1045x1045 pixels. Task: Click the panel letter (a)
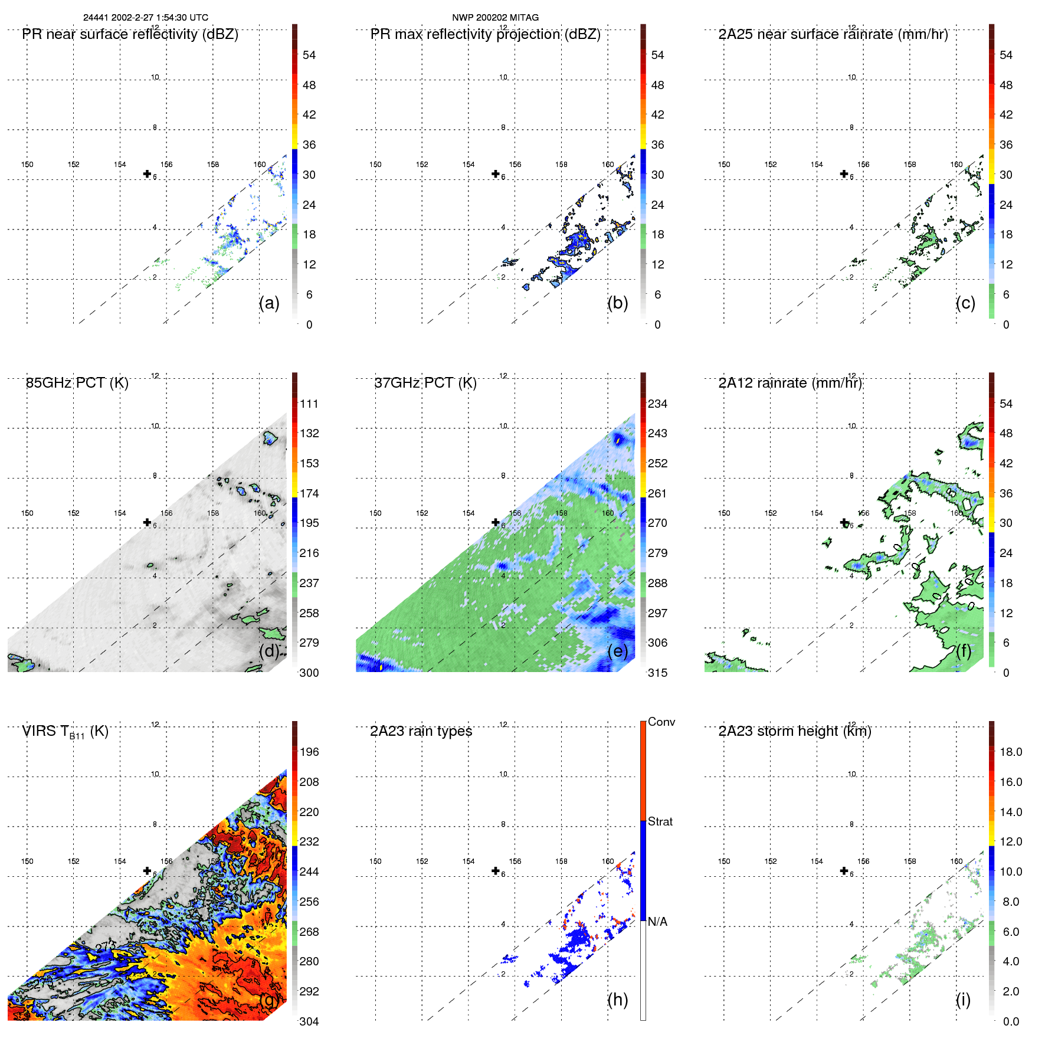pyautogui.click(x=269, y=303)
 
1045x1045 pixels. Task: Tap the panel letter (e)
pyautogui.click(x=617, y=651)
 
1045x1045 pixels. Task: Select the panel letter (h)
pyautogui.click(x=617, y=1000)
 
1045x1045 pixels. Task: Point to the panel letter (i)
pyautogui.click(x=963, y=1000)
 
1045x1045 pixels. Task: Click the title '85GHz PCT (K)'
pyautogui.click(x=77, y=383)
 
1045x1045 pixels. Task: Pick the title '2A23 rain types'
pyautogui.click(x=421, y=732)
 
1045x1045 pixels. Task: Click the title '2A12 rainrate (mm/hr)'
pyautogui.click(x=790, y=383)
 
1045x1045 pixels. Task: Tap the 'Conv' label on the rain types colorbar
pyautogui.click(x=661, y=722)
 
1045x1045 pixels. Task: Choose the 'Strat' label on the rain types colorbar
pyautogui.click(x=660, y=822)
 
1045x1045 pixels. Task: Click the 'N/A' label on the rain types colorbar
pyautogui.click(x=657, y=922)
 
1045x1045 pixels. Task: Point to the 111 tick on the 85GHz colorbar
pyautogui.click(x=309, y=404)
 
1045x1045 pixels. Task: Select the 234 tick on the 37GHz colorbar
pyautogui.click(x=657, y=404)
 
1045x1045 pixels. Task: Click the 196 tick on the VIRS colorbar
pyautogui.click(x=309, y=752)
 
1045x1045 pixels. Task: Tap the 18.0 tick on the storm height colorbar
pyautogui.click(x=1010, y=752)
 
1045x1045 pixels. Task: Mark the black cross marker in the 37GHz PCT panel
pyautogui.click(x=496, y=522)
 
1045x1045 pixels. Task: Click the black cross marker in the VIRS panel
pyautogui.click(x=147, y=870)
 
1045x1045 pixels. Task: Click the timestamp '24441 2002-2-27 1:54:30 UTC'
pyautogui.click(x=145, y=18)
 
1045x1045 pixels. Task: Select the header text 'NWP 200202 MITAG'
pyautogui.click(x=495, y=18)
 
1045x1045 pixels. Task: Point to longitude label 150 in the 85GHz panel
pyautogui.click(x=27, y=513)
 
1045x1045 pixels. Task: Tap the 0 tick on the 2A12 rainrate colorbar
pyautogui.click(x=1006, y=673)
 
